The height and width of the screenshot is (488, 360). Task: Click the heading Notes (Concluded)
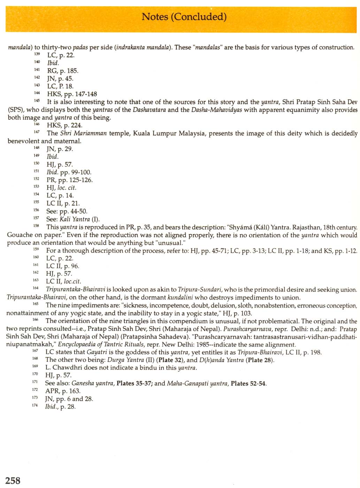184,16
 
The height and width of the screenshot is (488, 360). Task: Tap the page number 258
13,481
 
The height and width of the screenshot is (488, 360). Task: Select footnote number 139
37,54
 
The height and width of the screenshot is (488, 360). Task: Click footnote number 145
37,100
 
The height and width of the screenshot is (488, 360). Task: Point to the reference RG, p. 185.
63,71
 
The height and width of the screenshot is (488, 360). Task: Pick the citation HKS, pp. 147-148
72,94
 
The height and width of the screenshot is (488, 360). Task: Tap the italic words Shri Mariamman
83,133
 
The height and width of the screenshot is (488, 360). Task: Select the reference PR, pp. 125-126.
70,180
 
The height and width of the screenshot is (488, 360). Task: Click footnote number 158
36,226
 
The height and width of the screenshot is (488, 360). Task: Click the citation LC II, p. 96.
63,266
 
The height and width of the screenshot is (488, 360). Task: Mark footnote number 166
35,319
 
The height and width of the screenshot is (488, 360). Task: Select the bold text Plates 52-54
248,384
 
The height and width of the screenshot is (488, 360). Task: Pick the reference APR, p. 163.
63,391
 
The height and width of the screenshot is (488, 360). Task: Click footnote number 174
35,405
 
